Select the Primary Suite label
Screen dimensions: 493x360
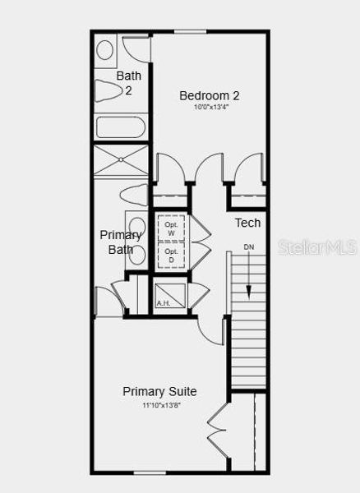click(x=159, y=391)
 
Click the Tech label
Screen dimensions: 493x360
click(x=247, y=223)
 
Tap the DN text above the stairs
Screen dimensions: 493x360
click(x=249, y=247)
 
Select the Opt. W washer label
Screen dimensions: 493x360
click(x=171, y=228)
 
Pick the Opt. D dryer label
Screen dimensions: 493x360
click(x=171, y=256)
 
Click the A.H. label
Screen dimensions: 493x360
click(x=164, y=303)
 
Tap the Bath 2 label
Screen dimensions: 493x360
click(x=128, y=83)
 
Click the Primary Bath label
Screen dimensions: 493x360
click(x=122, y=242)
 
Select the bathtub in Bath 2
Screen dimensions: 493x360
click(x=120, y=127)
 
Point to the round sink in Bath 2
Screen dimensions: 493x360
click(x=105, y=49)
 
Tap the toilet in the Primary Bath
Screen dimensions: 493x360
click(x=132, y=196)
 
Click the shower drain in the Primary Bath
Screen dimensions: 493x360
click(x=121, y=159)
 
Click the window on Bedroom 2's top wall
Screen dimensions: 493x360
click(x=190, y=31)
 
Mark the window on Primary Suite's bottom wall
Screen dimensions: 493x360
click(x=150, y=473)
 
